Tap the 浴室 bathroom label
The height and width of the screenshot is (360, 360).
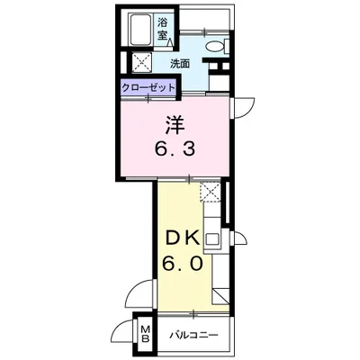click(164, 29)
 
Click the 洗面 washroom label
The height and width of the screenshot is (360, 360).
click(181, 64)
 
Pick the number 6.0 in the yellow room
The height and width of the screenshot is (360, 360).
click(181, 265)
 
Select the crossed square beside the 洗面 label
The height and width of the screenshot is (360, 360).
click(142, 63)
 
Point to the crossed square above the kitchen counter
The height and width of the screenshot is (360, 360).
click(210, 191)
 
